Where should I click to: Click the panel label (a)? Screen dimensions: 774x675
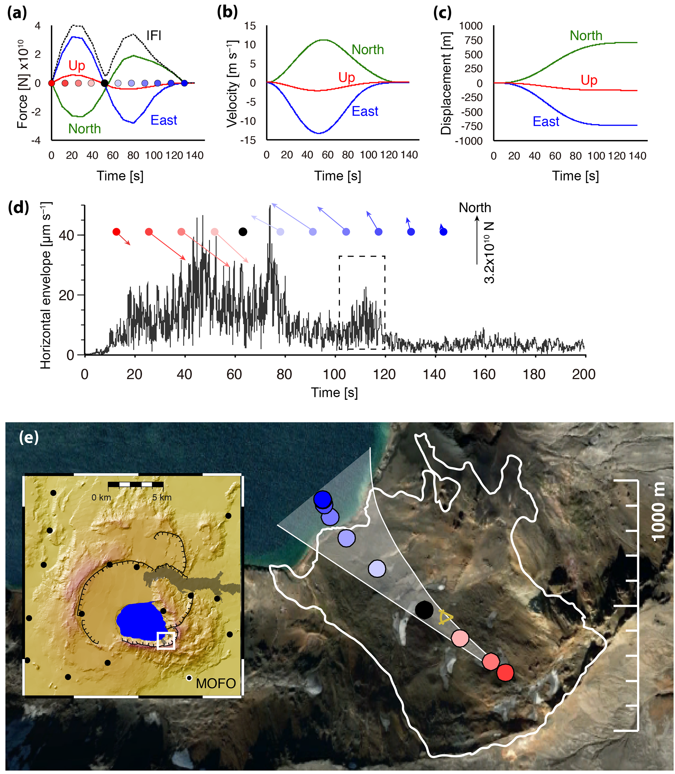[17, 13]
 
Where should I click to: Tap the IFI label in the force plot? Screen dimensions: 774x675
[154, 36]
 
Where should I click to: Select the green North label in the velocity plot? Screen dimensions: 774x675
[367, 50]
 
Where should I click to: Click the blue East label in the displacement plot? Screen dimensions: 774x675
[545, 121]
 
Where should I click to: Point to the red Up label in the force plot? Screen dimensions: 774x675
[76, 66]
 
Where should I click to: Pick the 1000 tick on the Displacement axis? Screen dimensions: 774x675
[471, 26]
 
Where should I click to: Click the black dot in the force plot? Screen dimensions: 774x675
[105, 83]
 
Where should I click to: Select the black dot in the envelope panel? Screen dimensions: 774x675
[243, 232]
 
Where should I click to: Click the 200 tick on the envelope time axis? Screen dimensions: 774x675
[584, 374]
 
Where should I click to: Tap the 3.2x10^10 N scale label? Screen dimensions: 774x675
[489, 252]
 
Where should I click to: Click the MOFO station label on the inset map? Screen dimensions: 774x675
[216, 683]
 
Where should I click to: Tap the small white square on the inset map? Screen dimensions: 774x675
[166, 641]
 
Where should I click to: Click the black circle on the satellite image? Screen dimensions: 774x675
[424, 609]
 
